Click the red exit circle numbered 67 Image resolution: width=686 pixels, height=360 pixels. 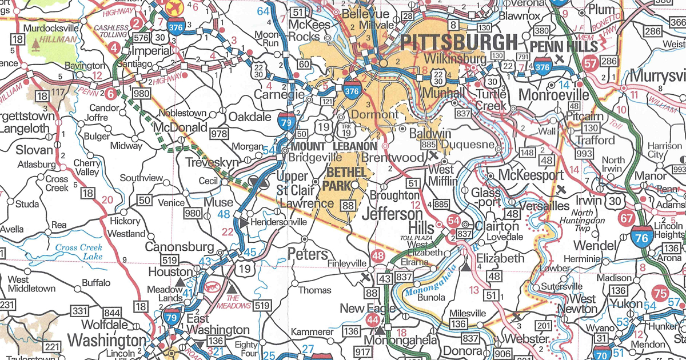[627, 218]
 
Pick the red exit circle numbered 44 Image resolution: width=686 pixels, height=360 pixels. [373, 319]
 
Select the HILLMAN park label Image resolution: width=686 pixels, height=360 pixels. [58, 39]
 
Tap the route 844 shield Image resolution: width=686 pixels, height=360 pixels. [113, 312]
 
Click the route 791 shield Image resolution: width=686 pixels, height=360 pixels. [523, 57]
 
